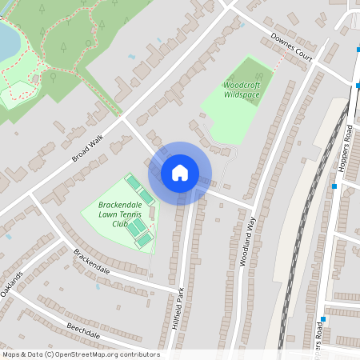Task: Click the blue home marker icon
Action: tap(180, 173)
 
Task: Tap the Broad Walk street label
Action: tap(88, 148)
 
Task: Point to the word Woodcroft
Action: tap(242, 84)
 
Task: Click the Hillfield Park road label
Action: tap(178, 309)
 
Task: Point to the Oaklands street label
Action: tap(12, 284)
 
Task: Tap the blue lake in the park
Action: tap(6, 40)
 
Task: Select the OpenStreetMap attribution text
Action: tap(80, 354)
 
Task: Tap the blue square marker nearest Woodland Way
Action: tap(334, 186)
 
